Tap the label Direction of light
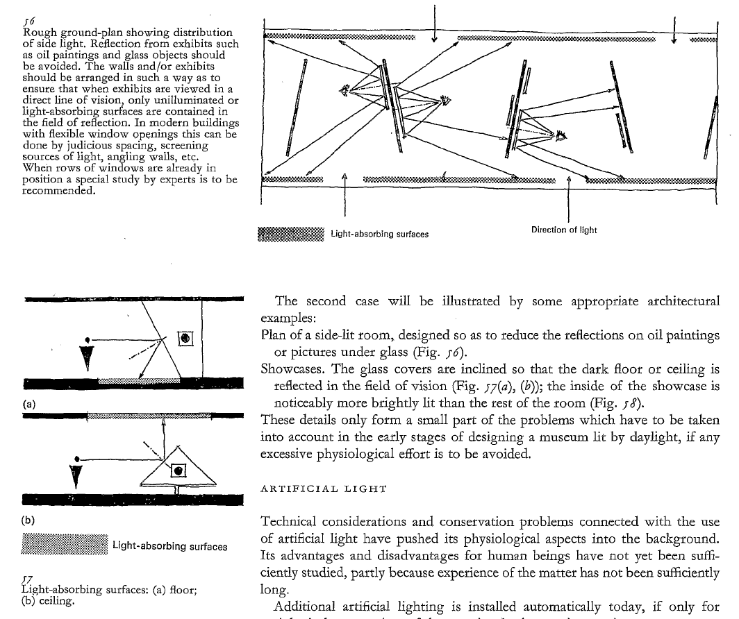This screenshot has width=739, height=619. coord(563,230)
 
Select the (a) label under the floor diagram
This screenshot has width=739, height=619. coord(29,403)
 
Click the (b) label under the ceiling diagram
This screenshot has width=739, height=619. coord(29,519)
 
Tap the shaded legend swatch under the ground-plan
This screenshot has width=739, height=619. coord(290,234)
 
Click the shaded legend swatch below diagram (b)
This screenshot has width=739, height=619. coord(65,545)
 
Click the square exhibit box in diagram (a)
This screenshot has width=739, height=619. coord(185,339)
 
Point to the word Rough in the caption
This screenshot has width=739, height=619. coord(39,33)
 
